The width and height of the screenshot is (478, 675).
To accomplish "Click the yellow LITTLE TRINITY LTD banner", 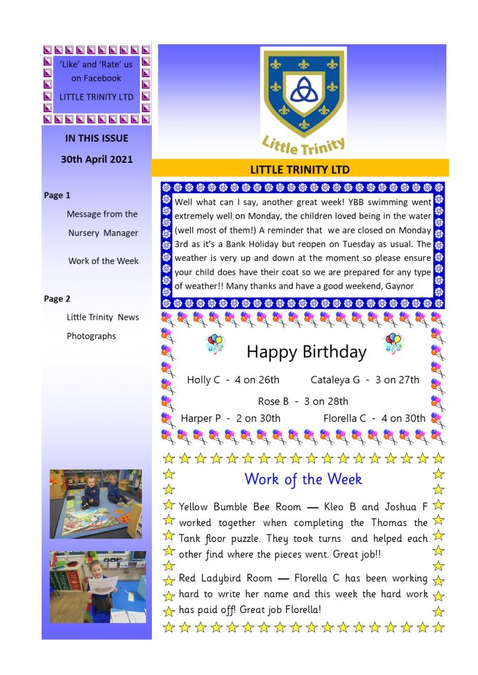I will pyautogui.click(x=300, y=169).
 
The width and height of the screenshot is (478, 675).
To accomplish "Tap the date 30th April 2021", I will pyautogui.click(x=97, y=159).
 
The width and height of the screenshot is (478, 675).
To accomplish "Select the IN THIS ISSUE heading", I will pyautogui.click(x=97, y=138).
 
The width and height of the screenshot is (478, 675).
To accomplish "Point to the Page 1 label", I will pyautogui.click(x=57, y=195).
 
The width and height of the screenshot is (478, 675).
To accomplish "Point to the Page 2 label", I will pyautogui.click(x=57, y=299).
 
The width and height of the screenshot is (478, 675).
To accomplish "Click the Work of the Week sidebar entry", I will pyautogui.click(x=103, y=260).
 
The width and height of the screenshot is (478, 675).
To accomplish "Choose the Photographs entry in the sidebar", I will pyautogui.click(x=91, y=336).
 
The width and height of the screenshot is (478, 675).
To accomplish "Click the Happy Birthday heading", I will pyautogui.click(x=306, y=352).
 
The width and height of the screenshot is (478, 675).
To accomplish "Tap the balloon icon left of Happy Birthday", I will pyautogui.click(x=216, y=343).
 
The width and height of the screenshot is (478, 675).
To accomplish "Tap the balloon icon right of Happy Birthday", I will pyautogui.click(x=393, y=341).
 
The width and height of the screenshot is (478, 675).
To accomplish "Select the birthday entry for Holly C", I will pyautogui.click(x=233, y=380).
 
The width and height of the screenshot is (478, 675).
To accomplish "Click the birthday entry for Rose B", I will pyautogui.click(x=303, y=401).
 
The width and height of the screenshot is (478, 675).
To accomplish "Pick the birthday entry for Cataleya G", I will pyautogui.click(x=364, y=380).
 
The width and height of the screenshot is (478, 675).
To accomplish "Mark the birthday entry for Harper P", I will pyautogui.click(x=230, y=418).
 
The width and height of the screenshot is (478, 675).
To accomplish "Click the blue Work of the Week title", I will pyautogui.click(x=303, y=479).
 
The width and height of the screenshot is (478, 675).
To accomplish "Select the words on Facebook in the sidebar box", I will pyautogui.click(x=96, y=78).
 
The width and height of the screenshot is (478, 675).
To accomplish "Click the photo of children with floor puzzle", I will pyautogui.click(x=96, y=503).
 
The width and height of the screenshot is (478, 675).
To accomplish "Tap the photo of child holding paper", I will pyautogui.click(x=98, y=587).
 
